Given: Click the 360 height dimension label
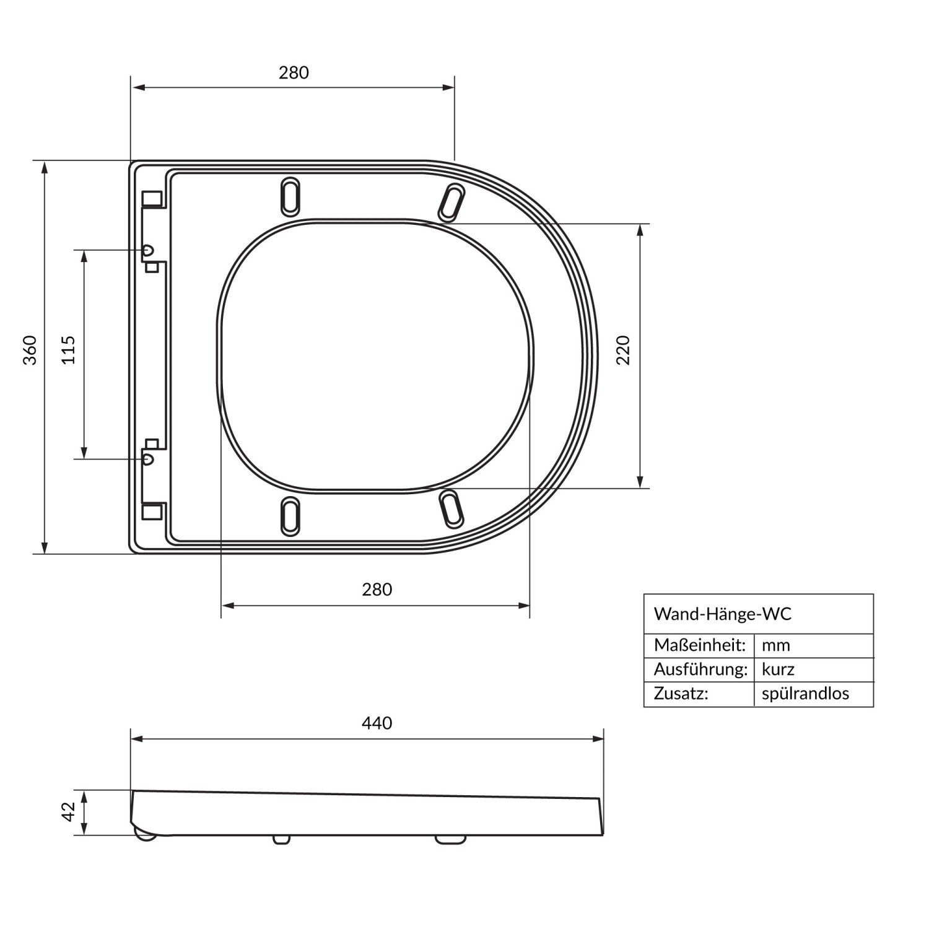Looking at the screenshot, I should tap(30, 350).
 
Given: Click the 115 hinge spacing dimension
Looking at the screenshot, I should tap(69, 350).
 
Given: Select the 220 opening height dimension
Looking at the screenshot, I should tap(623, 350).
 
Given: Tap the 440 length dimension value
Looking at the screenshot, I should tap(377, 723).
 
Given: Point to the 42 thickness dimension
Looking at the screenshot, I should tap(68, 812).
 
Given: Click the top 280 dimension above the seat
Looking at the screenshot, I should tap(294, 73).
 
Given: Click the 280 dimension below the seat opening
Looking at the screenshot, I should tap(377, 590).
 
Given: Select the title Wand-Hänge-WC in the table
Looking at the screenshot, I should tap(723, 614).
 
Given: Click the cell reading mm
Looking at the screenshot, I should tap(776, 645).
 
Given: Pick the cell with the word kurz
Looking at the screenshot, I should tap(778, 669).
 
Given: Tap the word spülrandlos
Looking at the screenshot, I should tap(805, 694).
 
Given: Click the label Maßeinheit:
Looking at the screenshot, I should tap(699, 645).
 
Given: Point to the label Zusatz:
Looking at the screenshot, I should tap(681, 694).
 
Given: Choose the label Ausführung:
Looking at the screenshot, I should tap(700, 669).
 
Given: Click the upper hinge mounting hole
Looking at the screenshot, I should tap(147, 250).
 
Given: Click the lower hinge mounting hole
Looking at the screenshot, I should tap(147, 459).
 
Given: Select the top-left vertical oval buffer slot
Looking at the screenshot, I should tap(290, 197).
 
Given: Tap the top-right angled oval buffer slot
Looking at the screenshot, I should tap(451, 202).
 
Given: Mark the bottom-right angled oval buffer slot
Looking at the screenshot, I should tap(451, 509).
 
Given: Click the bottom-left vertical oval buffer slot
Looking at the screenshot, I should tap(290, 516).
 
